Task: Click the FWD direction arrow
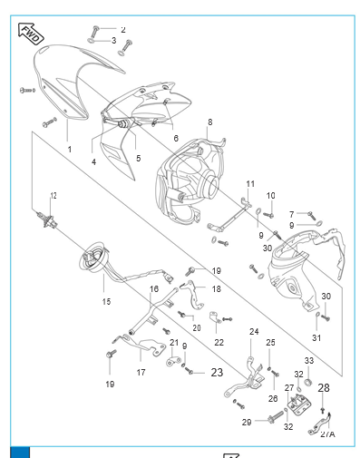tap(31, 34)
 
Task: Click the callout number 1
tap(70, 150)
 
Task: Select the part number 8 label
tap(210, 122)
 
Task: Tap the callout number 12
tap(54, 196)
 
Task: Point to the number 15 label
tap(106, 301)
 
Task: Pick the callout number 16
tap(154, 289)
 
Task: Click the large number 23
tap(217, 373)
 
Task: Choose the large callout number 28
tap(324, 388)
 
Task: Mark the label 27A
tap(328, 434)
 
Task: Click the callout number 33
tap(309, 360)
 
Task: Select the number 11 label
tap(250, 184)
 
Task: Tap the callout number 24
tap(254, 332)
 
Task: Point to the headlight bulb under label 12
tap(46, 220)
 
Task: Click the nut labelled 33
tap(308, 383)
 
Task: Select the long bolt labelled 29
tap(276, 417)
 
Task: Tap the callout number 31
tap(316, 337)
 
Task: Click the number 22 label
tap(219, 343)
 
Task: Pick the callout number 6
tap(176, 138)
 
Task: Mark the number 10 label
tap(270, 196)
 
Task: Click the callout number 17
tap(141, 373)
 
